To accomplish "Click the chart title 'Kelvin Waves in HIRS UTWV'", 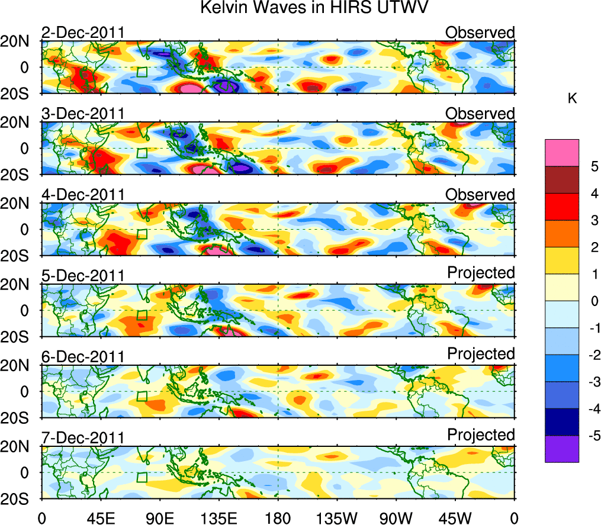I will pos(313,8).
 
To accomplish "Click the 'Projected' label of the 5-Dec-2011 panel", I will pos(481,272).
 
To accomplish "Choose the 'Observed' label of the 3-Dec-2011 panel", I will pos(480,113).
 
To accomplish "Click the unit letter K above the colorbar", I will pos(572,99).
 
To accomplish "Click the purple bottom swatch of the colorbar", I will pos(561,449).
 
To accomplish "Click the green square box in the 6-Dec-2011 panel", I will pos(142,396).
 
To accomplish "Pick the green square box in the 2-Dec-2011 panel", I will pos(142,72).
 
